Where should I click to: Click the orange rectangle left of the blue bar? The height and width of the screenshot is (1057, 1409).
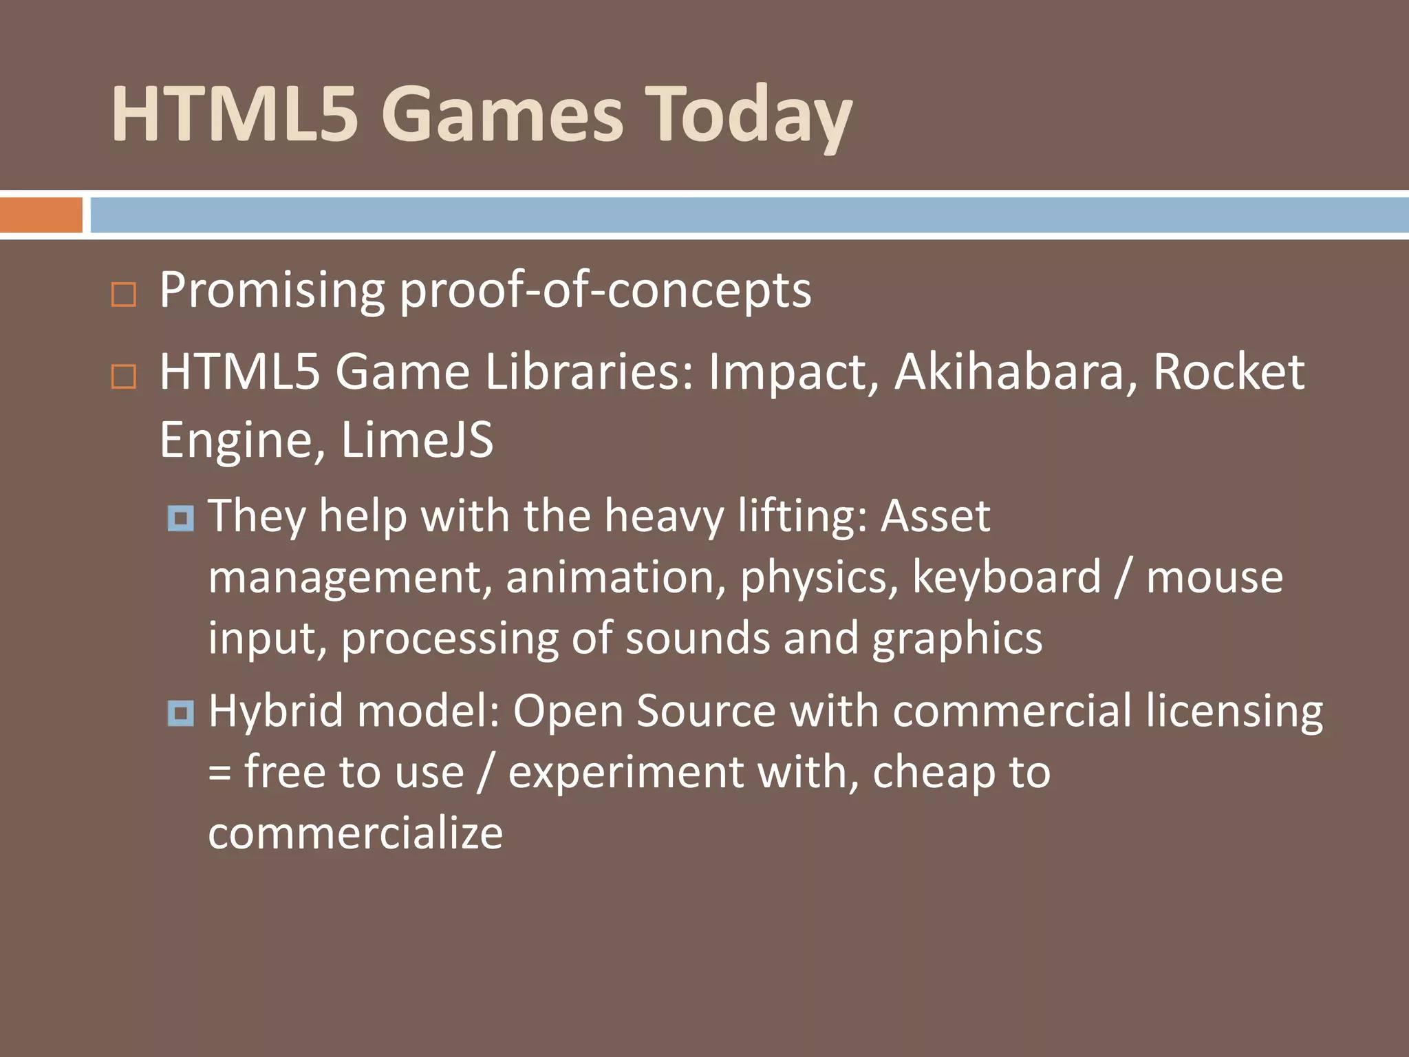point(41,215)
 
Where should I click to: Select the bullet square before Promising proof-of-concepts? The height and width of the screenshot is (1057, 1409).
point(124,295)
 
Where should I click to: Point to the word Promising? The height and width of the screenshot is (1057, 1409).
point(272,290)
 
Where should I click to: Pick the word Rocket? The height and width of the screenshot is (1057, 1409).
point(1228,372)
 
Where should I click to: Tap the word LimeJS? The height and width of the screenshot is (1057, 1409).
point(417,440)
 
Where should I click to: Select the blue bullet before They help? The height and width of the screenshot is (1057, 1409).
point(181,517)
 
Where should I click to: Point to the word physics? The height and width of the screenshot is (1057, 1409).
point(819,578)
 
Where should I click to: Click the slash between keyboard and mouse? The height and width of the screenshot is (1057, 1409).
point(1123,578)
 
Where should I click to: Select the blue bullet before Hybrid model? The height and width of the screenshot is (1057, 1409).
point(181,712)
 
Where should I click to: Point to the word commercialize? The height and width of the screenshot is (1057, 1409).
point(356,833)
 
